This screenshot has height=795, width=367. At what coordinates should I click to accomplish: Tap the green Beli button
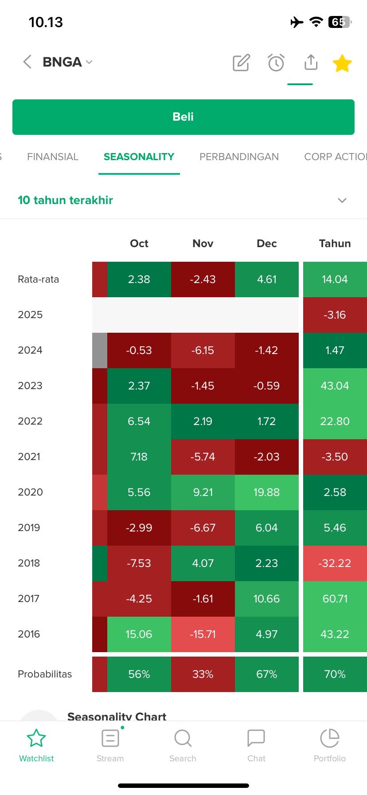(x=183, y=117)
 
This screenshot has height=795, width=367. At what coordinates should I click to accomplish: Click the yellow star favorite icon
(x=342, y=63)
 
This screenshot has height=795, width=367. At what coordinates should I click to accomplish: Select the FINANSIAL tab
(x=52, y=157)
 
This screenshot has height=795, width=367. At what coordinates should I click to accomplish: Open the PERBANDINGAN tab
(x=239, y=157)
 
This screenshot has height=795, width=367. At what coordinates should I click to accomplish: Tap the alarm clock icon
(x=276, y=63)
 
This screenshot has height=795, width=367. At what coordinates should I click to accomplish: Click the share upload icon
(x=311, y=63)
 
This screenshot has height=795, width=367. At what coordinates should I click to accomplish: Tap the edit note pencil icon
(x=241, y=63)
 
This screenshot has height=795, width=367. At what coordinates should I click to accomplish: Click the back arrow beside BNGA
(x=27, y=62)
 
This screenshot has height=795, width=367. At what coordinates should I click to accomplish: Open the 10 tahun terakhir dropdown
(x=342, y=200)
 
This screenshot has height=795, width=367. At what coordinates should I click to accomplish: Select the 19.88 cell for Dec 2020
(x=266, y=492)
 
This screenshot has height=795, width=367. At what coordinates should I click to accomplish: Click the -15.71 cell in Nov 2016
(x=203, y=634)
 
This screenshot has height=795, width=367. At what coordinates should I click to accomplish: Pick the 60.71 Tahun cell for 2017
(x=335, y=598)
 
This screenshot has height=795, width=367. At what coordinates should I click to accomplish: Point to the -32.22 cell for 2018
(x=335, y=563)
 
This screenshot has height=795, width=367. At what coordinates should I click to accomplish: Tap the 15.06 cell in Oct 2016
(x=139, y=634)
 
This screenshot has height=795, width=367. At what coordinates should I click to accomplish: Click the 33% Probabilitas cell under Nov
(x=203, y=674)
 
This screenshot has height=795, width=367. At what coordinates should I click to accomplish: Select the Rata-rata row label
(x=38, y=279)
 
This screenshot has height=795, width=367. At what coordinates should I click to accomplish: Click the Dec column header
(x=266, y=243)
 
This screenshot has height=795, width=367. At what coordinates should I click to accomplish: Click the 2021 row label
(x=29, y=457)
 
